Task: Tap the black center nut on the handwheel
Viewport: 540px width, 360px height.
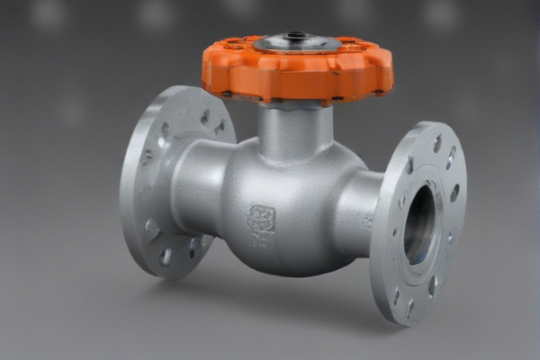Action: (296, 36)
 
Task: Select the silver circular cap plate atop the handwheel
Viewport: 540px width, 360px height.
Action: (296, 42)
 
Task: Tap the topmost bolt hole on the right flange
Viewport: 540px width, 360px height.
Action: (437, 144)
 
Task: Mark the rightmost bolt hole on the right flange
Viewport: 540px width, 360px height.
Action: (454, 193)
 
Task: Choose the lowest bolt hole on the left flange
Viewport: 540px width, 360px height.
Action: (166, 257)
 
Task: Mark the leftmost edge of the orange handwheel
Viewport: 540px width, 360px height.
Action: (204, 67)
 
